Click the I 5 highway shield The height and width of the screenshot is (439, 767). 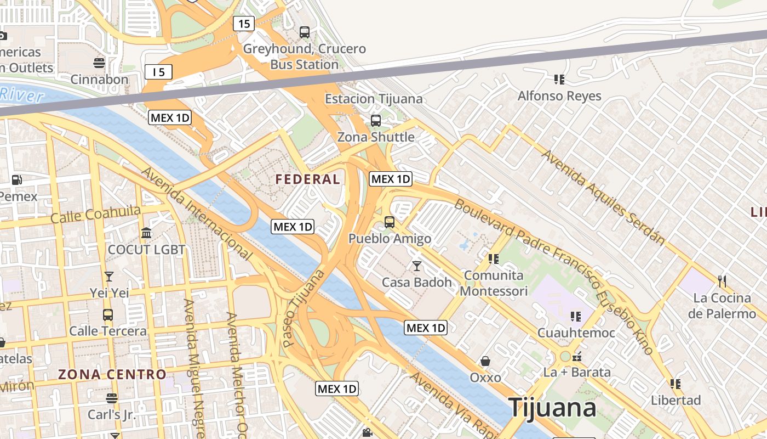(x=159, y=72)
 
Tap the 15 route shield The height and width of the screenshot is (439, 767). (x=244, y=24)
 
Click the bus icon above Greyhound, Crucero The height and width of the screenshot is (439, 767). (x=305, y=32)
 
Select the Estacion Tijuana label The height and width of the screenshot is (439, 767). (x=374, y=99)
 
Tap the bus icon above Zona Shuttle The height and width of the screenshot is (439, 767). (x=376, y=121)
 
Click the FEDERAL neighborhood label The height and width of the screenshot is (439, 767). (x=307, y=179)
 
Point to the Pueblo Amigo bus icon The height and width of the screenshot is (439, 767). (x=390, y=222)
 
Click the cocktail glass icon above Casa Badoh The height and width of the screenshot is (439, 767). (x=417, y=266)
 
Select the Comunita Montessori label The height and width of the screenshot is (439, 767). (x=494, y=283)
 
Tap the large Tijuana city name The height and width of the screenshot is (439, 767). (x=552, y=408)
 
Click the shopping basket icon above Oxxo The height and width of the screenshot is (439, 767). (x=485, y=361)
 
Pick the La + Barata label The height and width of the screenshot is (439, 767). (x=576, y=372)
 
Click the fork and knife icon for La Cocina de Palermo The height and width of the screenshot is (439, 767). (x=722, y=282)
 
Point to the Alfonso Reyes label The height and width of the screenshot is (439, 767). (x=559, y=96)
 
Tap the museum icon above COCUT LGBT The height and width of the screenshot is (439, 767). (x=146, y=233)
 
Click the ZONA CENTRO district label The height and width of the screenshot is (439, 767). (x=112, y=375)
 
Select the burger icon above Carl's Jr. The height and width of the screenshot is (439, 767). (x=112, y=398)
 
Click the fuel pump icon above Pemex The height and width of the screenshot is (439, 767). (x=17, y=180)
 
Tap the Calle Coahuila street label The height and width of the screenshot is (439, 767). (x=96, y=214)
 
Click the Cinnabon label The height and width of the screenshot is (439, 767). (x=99, y=79)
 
